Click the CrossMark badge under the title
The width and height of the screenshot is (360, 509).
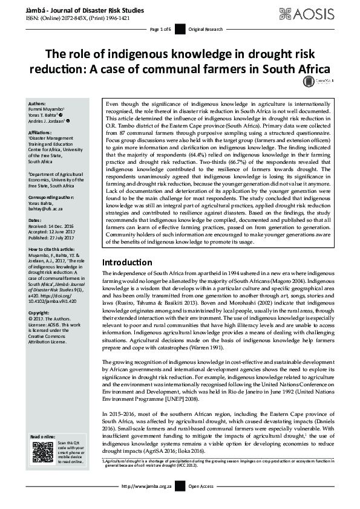tap(314, 82)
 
